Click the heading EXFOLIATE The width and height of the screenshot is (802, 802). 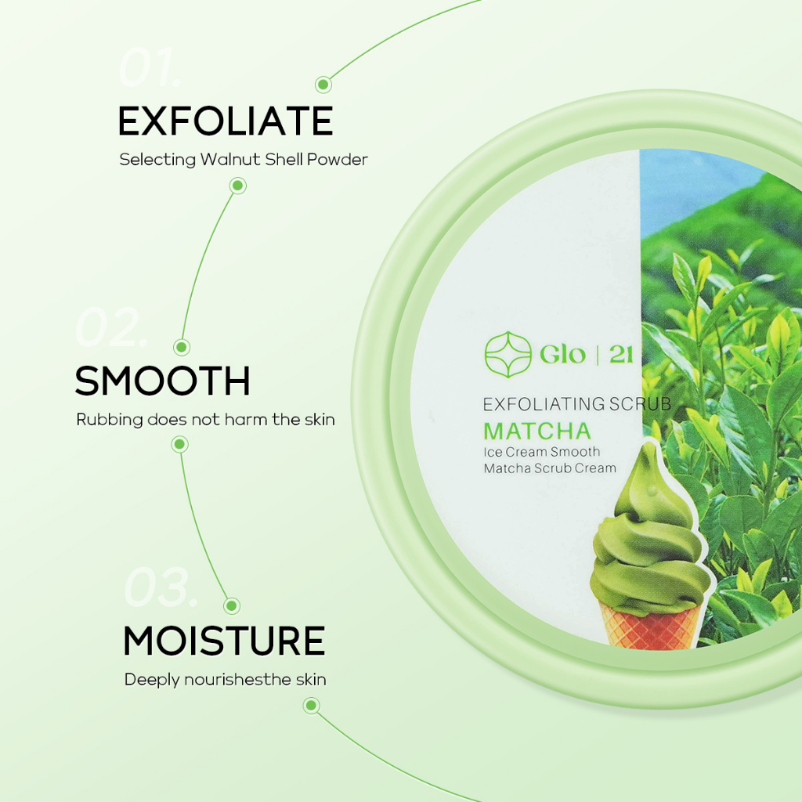pos(226,121)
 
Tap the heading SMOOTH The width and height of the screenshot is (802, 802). pos(163,381)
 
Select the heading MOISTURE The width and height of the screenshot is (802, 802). pos(224,641)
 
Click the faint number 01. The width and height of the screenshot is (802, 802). pos(150,68)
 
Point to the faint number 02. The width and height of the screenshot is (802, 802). pos(111,327)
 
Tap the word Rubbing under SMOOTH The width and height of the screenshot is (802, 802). pos(110,421)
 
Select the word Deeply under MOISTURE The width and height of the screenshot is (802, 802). pos(151,681)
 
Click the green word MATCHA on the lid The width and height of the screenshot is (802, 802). pos(537,432)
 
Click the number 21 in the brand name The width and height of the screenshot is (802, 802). pos(621,355)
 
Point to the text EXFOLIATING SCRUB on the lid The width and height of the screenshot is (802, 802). pos(577,404)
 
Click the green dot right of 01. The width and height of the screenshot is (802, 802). pos(323,85)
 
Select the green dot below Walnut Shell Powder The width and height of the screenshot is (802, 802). pos(238,186)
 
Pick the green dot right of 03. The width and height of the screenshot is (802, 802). pos(232,606)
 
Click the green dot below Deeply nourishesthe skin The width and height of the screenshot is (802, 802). pos(312,706)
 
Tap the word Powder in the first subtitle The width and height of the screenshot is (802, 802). pos(337,160)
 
